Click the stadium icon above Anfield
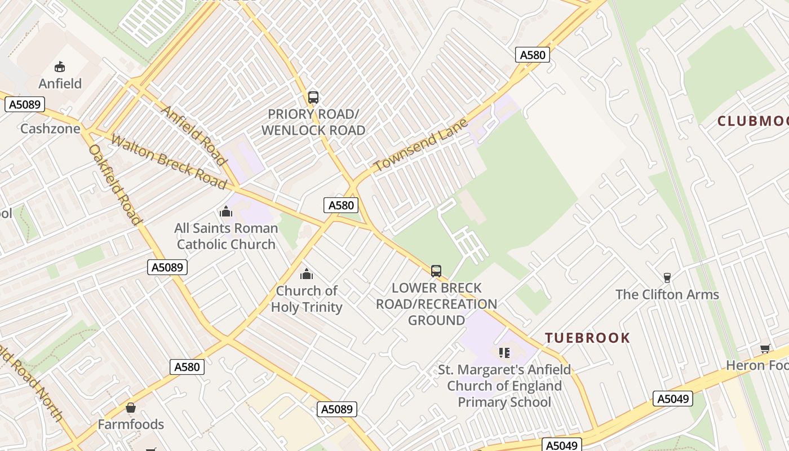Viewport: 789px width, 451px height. (60, 67)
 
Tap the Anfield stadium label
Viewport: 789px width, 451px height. (60, 83)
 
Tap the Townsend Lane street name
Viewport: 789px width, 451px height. (421, 145)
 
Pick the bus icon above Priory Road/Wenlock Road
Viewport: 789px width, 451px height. (313, 97)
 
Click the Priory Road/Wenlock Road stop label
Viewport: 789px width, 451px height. (313, 122)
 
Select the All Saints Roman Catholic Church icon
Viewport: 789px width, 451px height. (226, 212)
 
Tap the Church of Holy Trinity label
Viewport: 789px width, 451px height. (307, 299)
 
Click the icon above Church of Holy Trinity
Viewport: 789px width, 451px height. (307, 275)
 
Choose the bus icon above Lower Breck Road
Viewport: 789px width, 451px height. (436, 271)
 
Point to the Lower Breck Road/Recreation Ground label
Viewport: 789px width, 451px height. (437, 304)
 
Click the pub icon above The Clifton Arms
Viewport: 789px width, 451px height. (667, 277)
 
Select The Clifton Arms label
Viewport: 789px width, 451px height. (667, 294)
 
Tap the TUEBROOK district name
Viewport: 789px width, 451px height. (587, 338)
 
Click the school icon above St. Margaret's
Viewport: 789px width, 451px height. (504, 353)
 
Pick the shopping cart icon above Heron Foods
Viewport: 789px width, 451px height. (765, 349)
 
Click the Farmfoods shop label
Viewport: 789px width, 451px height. (131, 424)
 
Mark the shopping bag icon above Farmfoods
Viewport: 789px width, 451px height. (131, 408)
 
